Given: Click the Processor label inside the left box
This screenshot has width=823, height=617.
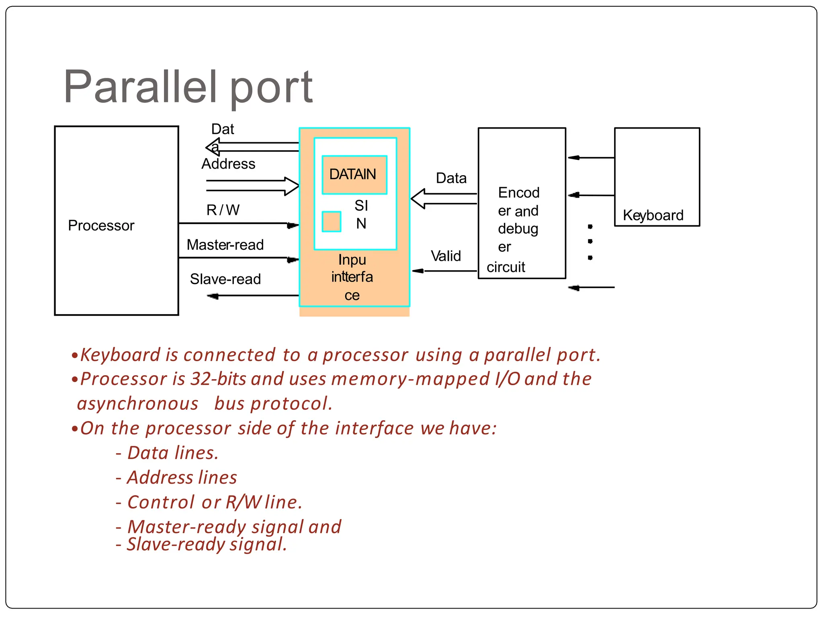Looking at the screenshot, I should [x=101, y=225].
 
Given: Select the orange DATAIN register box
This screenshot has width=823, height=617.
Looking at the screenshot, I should [x=354, y=175].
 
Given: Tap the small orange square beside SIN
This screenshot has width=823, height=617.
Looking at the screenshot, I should [x=332, y=222].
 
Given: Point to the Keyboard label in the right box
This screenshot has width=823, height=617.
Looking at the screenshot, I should [x=653, y=215].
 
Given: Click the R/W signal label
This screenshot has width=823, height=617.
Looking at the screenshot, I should [x=223, y=210].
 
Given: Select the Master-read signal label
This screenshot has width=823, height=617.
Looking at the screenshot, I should [x=225, y=245].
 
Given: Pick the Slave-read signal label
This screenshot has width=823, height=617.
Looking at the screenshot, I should [x=225, y=279].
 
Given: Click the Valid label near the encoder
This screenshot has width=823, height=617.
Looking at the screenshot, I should [x=446, y=256].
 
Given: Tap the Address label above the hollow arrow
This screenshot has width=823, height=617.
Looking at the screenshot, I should [x=228, y=164].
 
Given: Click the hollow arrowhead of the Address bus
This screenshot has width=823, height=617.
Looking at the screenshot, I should [x=292, y=186].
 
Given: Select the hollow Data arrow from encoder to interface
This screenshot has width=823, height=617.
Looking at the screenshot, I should [x=442, y=199].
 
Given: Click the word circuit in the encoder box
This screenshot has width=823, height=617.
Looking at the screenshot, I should [x=506, y=267].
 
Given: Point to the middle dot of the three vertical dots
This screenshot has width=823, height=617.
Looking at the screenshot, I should [x=590, y=241].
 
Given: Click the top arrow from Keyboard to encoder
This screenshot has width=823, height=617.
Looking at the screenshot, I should [x=591, y=158].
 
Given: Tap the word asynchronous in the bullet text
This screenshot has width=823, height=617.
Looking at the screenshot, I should [x=138, y=404].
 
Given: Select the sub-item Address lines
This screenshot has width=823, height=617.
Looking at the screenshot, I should [x=182, y=478].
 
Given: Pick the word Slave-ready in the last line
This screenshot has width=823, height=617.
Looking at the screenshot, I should [x=176, y=545].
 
